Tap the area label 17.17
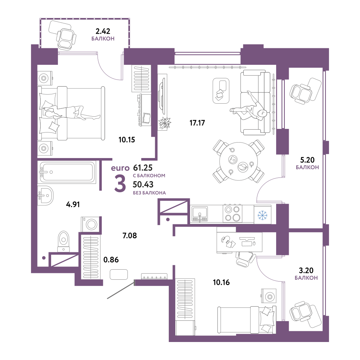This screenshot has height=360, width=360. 197,123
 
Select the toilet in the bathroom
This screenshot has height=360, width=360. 63,241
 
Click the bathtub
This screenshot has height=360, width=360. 67,172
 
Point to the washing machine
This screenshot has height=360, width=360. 90,224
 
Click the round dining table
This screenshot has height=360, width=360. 239,161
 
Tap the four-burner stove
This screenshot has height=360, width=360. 232,214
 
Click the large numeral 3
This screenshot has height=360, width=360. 120,184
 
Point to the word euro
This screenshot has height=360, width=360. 120,168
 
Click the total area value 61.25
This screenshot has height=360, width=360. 143,168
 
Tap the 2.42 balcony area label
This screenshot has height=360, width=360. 103,31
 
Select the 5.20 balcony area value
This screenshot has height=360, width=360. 307,160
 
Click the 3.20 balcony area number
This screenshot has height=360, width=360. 306,270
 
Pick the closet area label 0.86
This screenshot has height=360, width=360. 111,260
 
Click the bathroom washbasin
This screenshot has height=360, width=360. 45,195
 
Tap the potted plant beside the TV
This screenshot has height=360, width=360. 165,123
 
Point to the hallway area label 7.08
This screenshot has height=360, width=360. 130,235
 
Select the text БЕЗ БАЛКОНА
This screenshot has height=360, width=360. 149,193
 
